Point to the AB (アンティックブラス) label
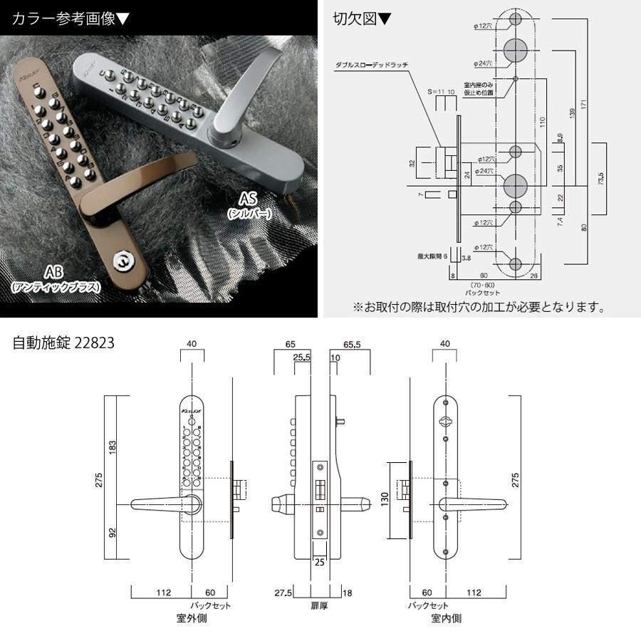(55, 278)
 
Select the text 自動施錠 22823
(64, 343)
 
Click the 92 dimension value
(113, 533)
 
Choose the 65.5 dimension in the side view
(349, 344)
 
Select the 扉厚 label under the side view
(318, 605)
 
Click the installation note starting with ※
(479, 308)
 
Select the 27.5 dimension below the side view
(283, 593)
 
